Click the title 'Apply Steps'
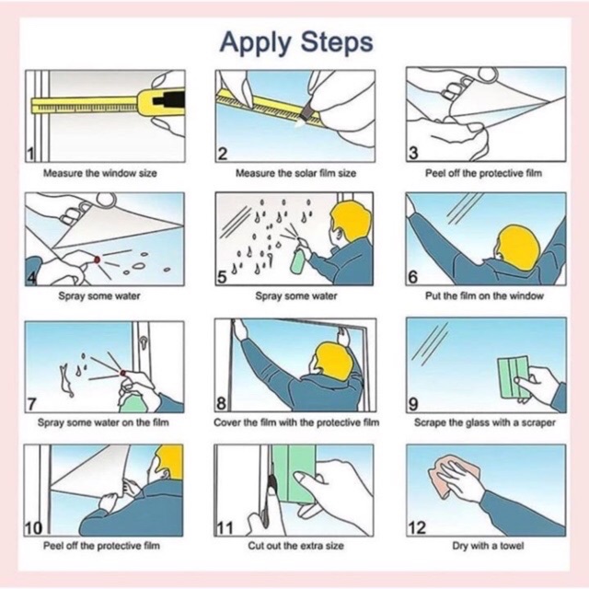(x=296, y=43)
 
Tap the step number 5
(x=222, y=277)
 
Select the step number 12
(x=417, y=527)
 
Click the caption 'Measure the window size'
(x=100, y=173)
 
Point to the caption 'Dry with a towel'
(x=488, y=546)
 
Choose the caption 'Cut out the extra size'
(x=295, y=546)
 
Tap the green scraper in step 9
(x=514, y=377)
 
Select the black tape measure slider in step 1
(x=168, y=100)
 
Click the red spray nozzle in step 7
(x=122, y=373)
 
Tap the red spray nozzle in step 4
(x=97, y=260)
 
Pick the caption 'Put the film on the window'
(x=484, y=296)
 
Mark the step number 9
(x=413, y=405)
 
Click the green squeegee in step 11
(x=294, y=473)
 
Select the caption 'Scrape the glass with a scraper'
(x=485, y=422)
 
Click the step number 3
(x=413, y=154)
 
